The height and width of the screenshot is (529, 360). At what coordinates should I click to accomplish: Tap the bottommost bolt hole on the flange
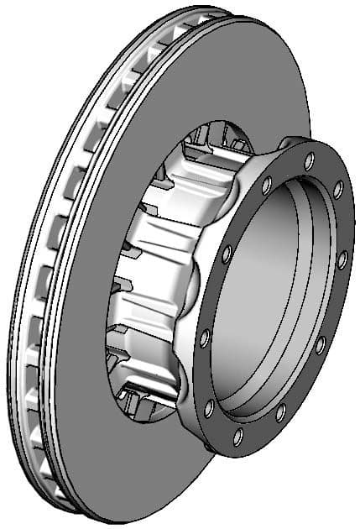[238, 436]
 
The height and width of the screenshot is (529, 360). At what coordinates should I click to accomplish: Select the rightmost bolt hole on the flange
[342, 261]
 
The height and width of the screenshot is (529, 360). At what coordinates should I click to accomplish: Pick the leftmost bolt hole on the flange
[204, 337]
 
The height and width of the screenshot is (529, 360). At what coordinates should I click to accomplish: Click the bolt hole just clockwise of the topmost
[338, 190]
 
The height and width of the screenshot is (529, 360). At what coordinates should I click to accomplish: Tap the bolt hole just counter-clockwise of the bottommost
[280, 412]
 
